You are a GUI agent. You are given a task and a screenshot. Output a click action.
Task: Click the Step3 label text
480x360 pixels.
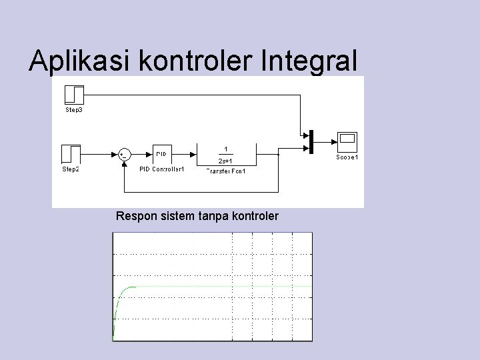click(x=73, y=109)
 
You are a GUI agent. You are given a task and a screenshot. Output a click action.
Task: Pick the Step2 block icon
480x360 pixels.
click(x=71, y=154)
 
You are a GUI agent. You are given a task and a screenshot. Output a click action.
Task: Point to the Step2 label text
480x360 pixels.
click(x=71, y=169)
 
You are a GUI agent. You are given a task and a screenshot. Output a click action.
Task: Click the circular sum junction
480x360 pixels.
click(x=123, y=154)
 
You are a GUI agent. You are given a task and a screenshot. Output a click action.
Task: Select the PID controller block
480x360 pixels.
click(x=161, y=154)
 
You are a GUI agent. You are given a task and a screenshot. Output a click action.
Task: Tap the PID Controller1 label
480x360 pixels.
click(x=161, y=169)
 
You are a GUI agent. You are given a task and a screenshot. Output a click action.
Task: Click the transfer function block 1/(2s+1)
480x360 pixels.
click(x=226, y=154)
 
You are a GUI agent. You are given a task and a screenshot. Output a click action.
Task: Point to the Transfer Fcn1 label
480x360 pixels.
click(x=226, y=171)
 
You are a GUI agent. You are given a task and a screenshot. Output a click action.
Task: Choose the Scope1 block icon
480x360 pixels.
click(x=347, y=141)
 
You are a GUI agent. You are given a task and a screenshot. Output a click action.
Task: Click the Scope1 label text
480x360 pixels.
click(x=347, y=157)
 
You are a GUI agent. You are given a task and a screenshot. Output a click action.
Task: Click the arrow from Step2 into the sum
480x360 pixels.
click(x=100, y=154)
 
